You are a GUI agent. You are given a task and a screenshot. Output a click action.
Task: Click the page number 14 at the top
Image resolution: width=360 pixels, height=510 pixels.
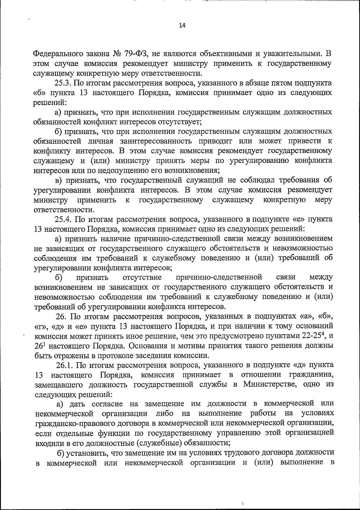point(182,26)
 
